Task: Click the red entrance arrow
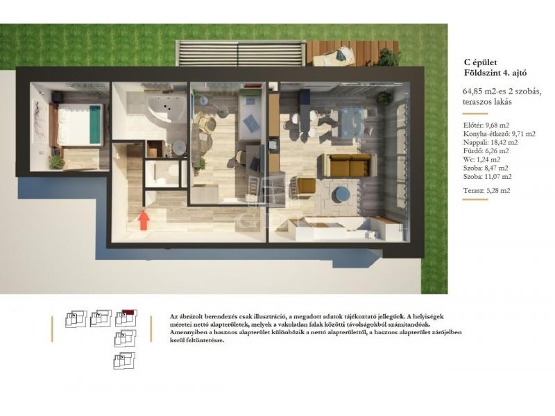[x=144, y=220]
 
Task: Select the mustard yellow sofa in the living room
[x=349, y=165]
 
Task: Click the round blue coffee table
[x=341, y=195]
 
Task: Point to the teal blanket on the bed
[x=95, y=125]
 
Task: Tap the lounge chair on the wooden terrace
[x=334, y=57]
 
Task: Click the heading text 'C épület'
[x=480, y=62]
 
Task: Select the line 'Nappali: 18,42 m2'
[x=490, y=143]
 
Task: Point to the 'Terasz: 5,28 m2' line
[x=487, y=190]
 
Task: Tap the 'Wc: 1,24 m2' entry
[x=481, y=159]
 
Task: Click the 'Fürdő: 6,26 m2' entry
[x=486, y=151]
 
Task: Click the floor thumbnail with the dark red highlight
[x=126, y=318]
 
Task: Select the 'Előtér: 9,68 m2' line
[x=486, y=125]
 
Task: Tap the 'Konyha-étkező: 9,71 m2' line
[x=499, y=134]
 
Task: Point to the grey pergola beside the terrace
[x=240, y=53]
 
